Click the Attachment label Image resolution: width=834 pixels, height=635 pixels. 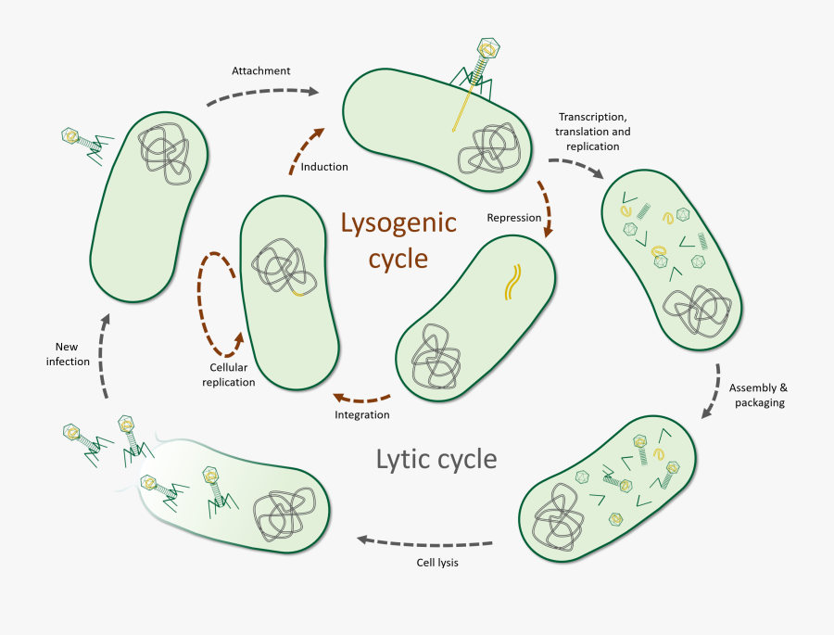261,70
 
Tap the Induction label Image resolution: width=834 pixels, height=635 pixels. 324,167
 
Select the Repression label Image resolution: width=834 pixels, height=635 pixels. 513,218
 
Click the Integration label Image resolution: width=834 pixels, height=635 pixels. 361,414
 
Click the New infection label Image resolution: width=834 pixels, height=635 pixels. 68,354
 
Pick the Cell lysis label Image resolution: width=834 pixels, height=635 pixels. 436,563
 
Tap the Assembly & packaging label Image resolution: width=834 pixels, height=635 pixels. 757,394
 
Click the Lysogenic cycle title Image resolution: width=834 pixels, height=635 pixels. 398,240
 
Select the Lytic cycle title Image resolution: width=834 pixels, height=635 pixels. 436,459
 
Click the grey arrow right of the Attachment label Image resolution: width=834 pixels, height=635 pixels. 261,93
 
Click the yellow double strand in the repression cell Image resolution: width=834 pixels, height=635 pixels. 512,283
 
